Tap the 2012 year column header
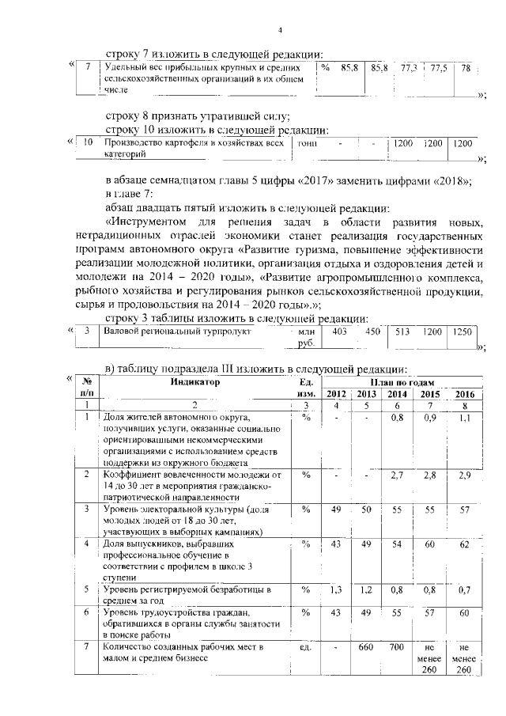click(337, 393)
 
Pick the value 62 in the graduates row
click(465, 546)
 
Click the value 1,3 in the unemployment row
click(336, 589)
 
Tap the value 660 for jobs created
click(366, 647)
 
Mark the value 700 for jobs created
click(398, 647)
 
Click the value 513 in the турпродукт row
click(402, 331)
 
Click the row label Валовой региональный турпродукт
click(178, 331)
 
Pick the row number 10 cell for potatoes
click(89, 143)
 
